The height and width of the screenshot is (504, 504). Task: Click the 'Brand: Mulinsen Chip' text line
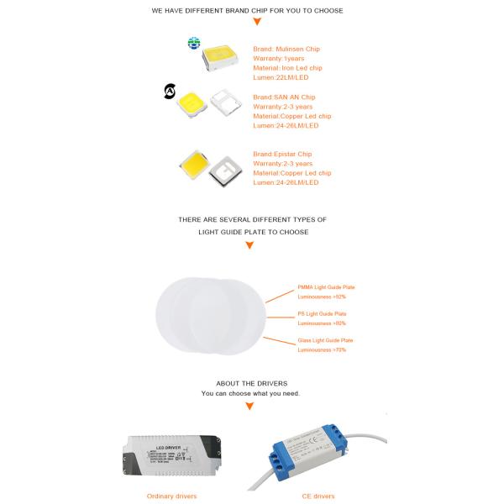click(286, 49)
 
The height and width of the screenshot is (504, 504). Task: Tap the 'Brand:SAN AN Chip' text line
click(284, 97)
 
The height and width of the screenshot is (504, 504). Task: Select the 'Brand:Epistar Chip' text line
click(282, 155)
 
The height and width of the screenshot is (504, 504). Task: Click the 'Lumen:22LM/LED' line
click(281, 76)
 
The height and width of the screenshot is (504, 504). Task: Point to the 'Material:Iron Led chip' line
click(287, 67)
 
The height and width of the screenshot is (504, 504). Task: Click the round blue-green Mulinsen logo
click(194, 43)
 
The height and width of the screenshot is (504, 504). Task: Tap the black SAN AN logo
click(170, 92)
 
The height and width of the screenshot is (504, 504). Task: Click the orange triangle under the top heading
click(257, 22)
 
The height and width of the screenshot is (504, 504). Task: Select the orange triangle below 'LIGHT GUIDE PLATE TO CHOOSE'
click(249, 245)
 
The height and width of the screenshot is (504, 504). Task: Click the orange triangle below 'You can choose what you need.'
click(249, 407)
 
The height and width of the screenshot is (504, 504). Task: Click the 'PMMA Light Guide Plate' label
click(327, 287)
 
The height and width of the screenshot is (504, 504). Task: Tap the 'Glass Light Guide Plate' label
click(325, 340)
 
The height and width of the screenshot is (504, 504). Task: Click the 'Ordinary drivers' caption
click(171, 496)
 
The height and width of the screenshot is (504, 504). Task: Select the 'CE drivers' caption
click(318, 496)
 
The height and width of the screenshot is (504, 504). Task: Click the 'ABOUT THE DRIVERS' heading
click(251, 383)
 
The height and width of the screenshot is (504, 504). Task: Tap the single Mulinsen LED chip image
click(223, 57)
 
